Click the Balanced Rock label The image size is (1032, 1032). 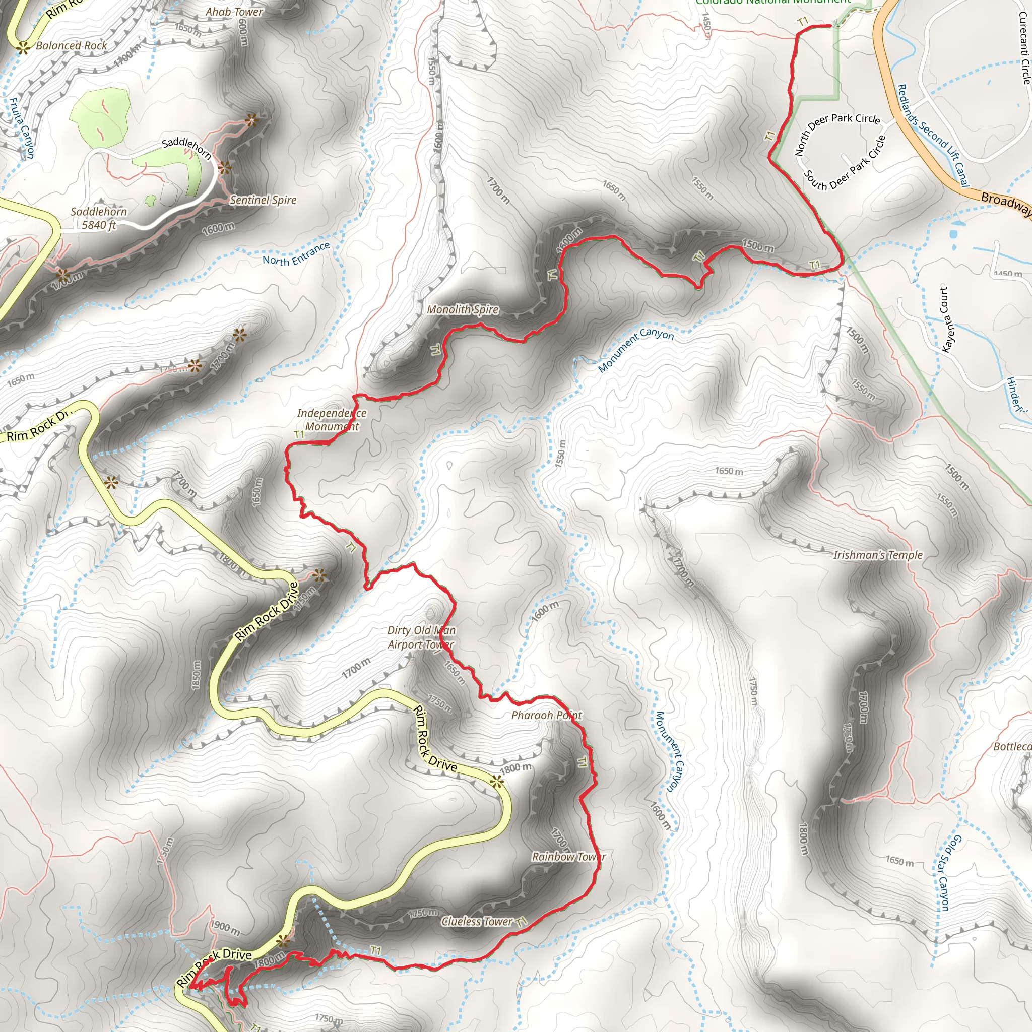coord(72,46)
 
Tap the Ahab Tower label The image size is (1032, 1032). coord(234,11)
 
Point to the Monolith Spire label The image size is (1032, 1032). coord(463,309)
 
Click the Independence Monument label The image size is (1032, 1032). coord(332,419)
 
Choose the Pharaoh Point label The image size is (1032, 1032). coord(546,715)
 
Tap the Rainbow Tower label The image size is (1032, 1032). coord(568,856)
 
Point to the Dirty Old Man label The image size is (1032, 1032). coord(421,630)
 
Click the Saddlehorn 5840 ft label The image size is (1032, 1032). coord(99,218)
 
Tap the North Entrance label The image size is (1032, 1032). coord(296,254)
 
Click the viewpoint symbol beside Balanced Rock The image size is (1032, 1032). coord(23,48)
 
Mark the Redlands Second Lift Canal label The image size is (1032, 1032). coord(932,135)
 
